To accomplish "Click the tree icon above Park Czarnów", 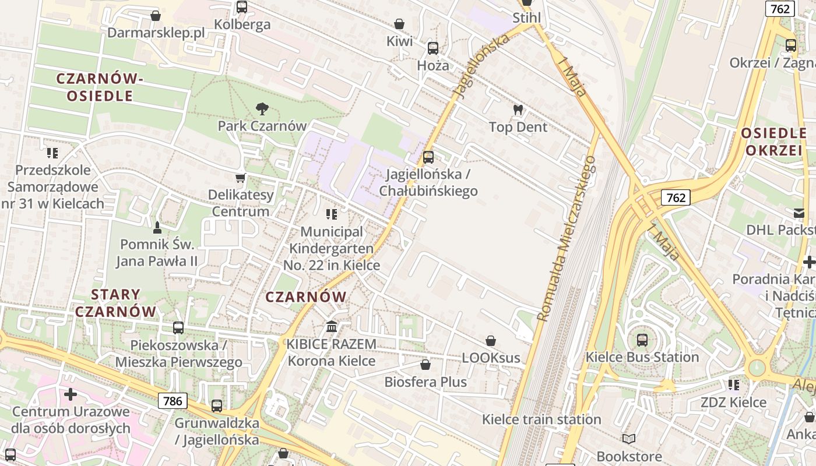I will (262, 108).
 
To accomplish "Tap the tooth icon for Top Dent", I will (518, 110).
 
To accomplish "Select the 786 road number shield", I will (173, 401).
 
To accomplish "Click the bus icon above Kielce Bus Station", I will (642, 340).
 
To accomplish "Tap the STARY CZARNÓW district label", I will (116, 303).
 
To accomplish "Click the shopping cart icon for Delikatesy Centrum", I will (240, 178).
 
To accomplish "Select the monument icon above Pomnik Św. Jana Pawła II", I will (157, 227).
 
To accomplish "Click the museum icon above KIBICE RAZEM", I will (332, 326).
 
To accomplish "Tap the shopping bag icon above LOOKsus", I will (491, 341).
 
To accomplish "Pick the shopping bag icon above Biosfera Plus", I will (425, 365).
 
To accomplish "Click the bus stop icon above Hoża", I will (432, 48).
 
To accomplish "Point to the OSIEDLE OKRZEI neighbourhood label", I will (773, 142).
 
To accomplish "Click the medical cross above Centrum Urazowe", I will (71, 394).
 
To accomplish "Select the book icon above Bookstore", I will (628, 439).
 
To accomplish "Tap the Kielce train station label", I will (541, 419).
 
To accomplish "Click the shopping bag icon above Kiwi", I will (399, 24).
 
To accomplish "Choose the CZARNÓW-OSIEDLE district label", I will (100, 87).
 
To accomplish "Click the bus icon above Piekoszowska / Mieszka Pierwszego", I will (178, 328).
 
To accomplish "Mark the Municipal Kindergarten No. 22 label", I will (331, 248).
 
